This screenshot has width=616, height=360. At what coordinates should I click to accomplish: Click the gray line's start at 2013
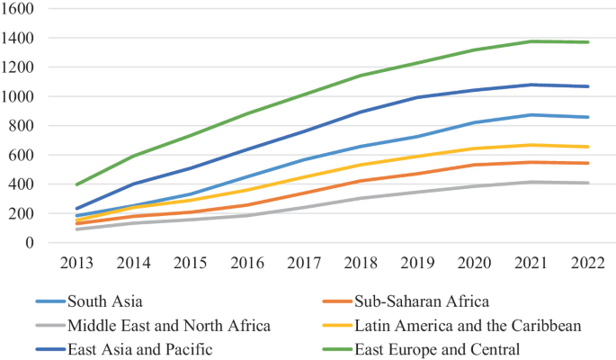coord(78,229)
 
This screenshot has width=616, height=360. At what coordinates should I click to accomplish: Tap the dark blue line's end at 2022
coord(589,86)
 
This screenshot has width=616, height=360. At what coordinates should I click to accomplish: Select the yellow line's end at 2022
coord(589,147)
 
